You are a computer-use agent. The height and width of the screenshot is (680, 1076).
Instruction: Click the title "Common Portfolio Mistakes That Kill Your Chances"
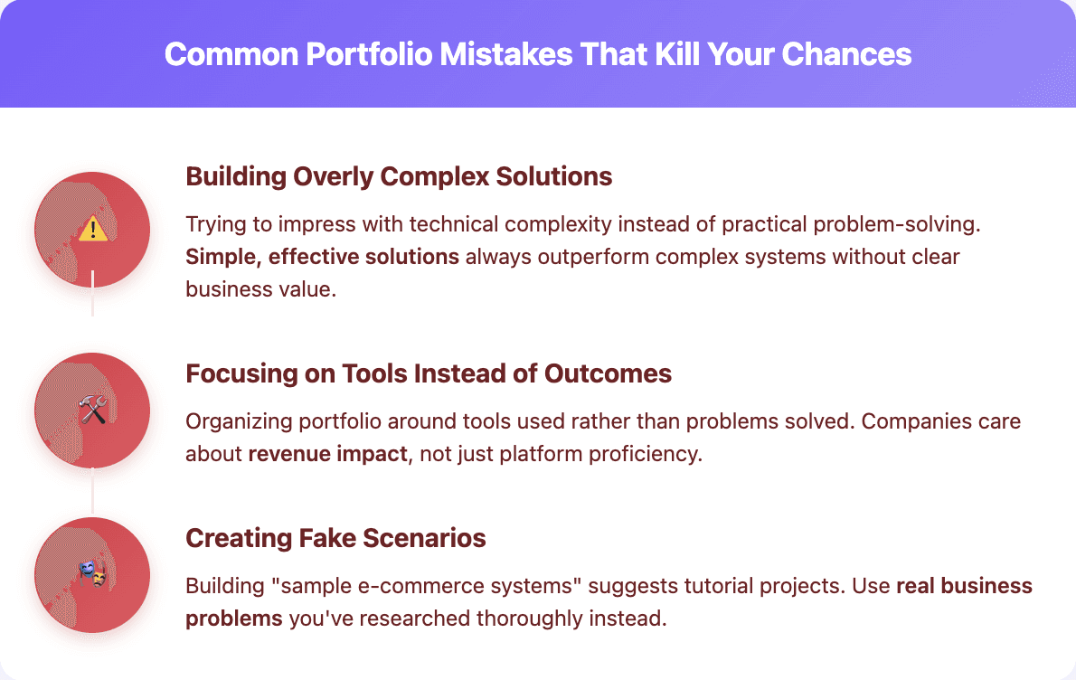537,54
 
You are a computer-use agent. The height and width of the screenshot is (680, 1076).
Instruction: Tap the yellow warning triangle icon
92,230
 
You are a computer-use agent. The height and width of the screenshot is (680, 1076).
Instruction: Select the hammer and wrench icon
92,411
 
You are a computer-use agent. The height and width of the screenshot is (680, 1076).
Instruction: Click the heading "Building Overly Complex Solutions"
399,176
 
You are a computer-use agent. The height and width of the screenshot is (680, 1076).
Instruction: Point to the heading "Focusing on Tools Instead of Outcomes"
429,373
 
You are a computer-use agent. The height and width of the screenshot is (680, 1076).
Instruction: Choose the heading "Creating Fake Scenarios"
335,539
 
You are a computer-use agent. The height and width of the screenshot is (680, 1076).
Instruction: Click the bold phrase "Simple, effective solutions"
322,257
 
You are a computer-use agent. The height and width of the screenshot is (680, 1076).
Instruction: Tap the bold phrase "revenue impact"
327,453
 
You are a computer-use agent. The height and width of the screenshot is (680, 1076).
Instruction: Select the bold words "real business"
964,586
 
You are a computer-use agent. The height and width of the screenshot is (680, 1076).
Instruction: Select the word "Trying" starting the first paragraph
212,225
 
